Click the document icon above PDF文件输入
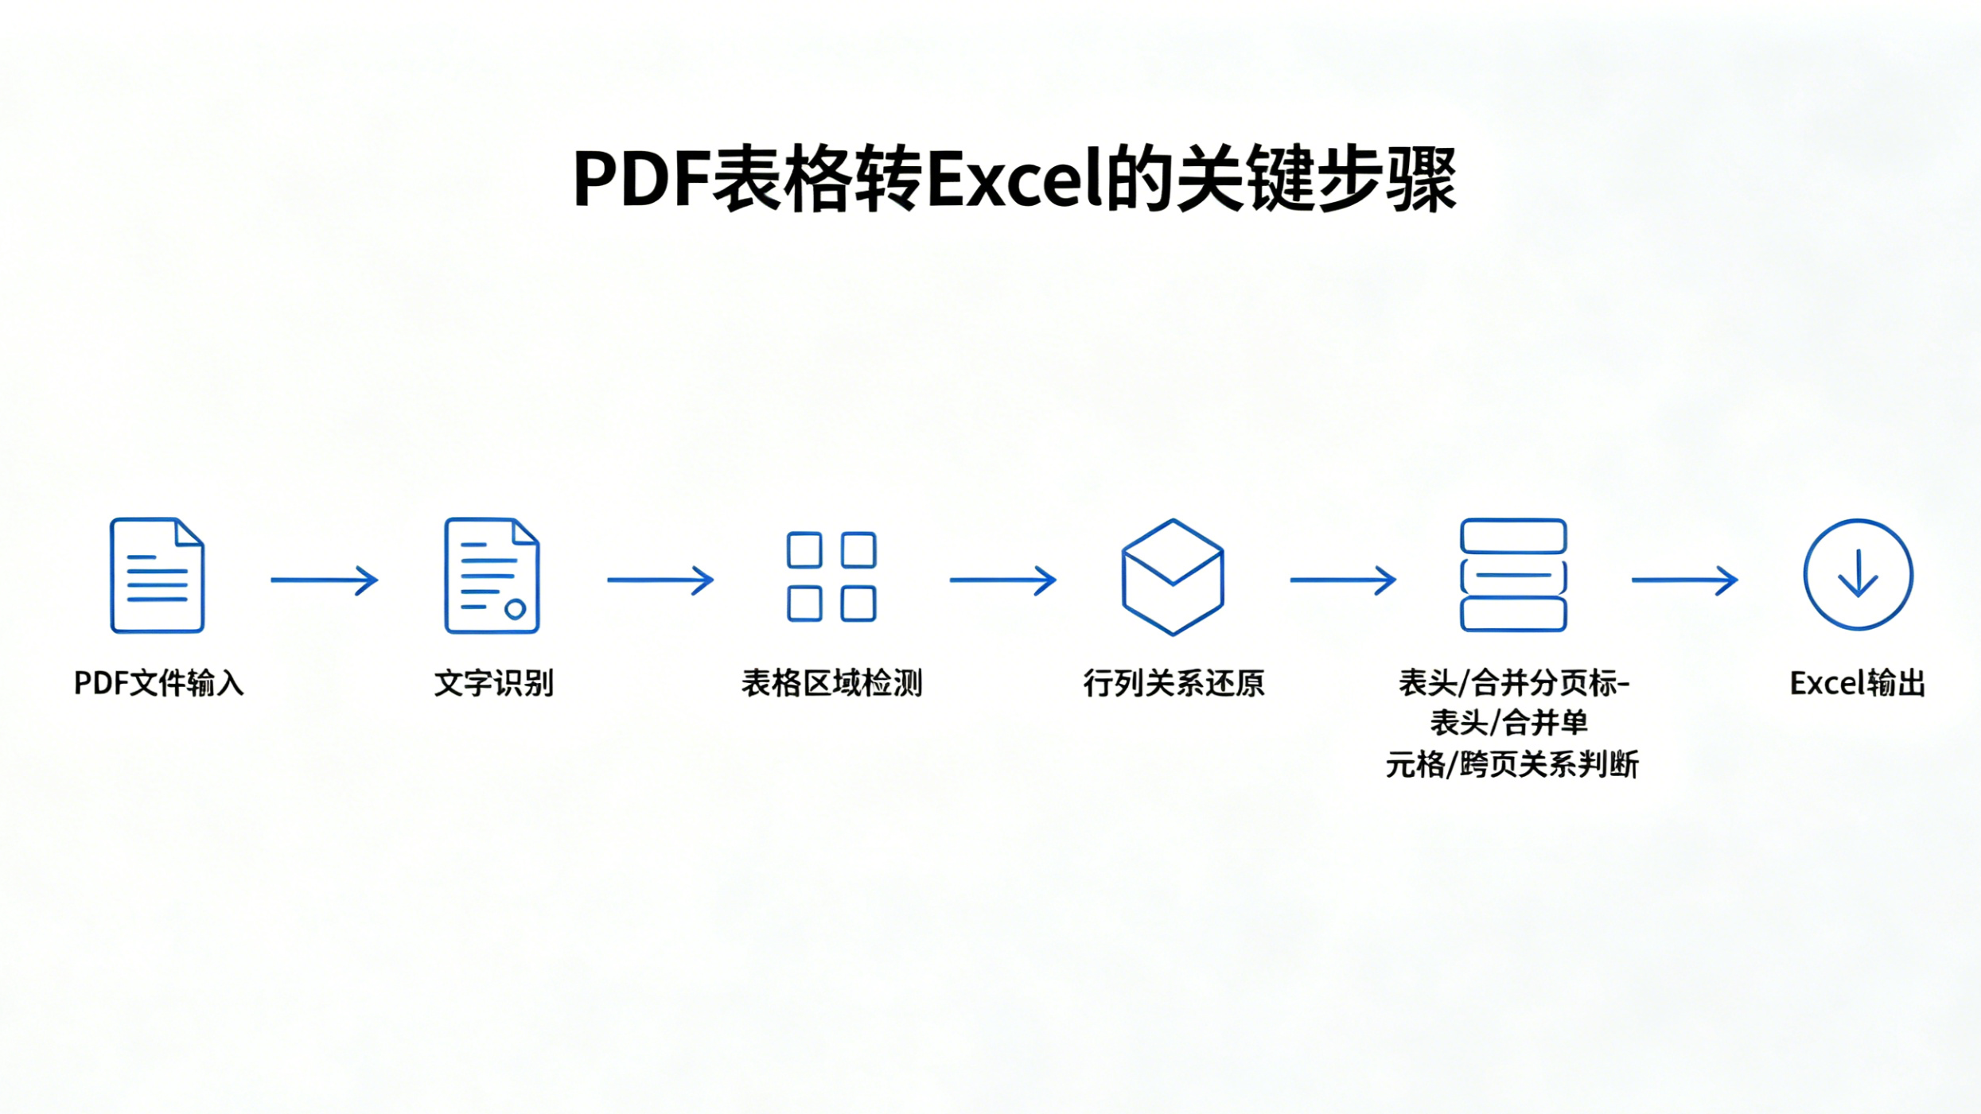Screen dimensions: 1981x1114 (158, 575)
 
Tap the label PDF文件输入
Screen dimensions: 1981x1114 (158, 683)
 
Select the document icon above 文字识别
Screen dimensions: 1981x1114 (492, 575)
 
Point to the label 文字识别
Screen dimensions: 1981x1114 (494, 683)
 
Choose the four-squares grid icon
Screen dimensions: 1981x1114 (831, 576)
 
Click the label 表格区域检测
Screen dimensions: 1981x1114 (832, 683)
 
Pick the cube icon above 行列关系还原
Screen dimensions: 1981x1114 (1173, 576)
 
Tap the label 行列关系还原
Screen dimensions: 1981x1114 (1173, 683)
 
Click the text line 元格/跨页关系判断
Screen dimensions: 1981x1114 (1512, 764)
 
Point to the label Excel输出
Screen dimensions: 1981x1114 (1858, 683)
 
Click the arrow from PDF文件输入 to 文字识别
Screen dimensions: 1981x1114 (325, 580)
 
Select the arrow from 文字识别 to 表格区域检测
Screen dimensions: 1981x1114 (660, 580)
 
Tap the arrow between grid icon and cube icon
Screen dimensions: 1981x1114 (1003, 580)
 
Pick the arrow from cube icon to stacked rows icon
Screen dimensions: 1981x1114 (1343, 580)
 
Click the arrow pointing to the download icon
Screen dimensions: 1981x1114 (1685, 580)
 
